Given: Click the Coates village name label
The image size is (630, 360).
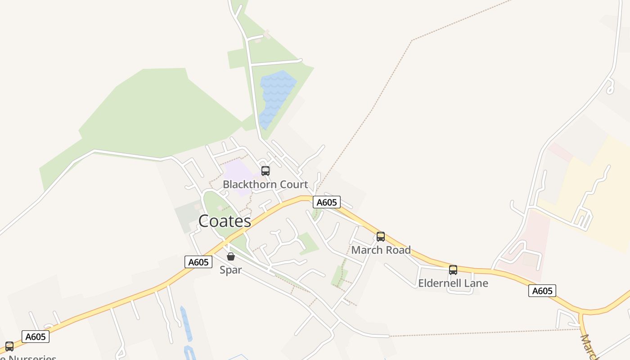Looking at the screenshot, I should pyautogui.click(x=225, y=221).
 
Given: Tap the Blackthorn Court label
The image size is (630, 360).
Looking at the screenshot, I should pyautogui.click(x=265, y=184).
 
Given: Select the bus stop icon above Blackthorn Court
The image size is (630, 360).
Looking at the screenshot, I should pyautogui.click(x=265, y=171).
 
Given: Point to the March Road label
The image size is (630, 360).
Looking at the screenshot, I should pyautogui.click(x=381, y=250).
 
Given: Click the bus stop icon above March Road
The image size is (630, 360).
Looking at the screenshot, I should pyautogui.click(x=381, y=237).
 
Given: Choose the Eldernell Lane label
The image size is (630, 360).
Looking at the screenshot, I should pyautogui.click(x=453, y=283).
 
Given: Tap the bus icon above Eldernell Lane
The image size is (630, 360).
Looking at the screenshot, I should pyautogui.click(x=453, y=270).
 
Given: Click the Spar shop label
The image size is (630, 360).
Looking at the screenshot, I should pyautogui.click(x=230, y=270).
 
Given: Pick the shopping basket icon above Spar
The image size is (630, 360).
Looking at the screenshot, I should pyautogui.click(x=231, y=256).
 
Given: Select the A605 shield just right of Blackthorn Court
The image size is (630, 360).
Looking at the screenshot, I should pyautogui.click(x=327, y=202).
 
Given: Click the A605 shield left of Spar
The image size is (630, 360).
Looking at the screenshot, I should pyautogui.click(x=198, y=262).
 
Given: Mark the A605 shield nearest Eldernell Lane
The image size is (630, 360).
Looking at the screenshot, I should pyautogui.click(x=542, y=291).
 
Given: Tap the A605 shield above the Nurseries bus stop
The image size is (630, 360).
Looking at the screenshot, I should pyautogui.click(x=35, y=337).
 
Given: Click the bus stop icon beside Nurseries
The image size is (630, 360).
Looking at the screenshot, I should pyautogui.click(x=9, y=346).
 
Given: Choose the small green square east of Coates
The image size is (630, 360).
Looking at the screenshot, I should pyautogui.click(x=308, y=243).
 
